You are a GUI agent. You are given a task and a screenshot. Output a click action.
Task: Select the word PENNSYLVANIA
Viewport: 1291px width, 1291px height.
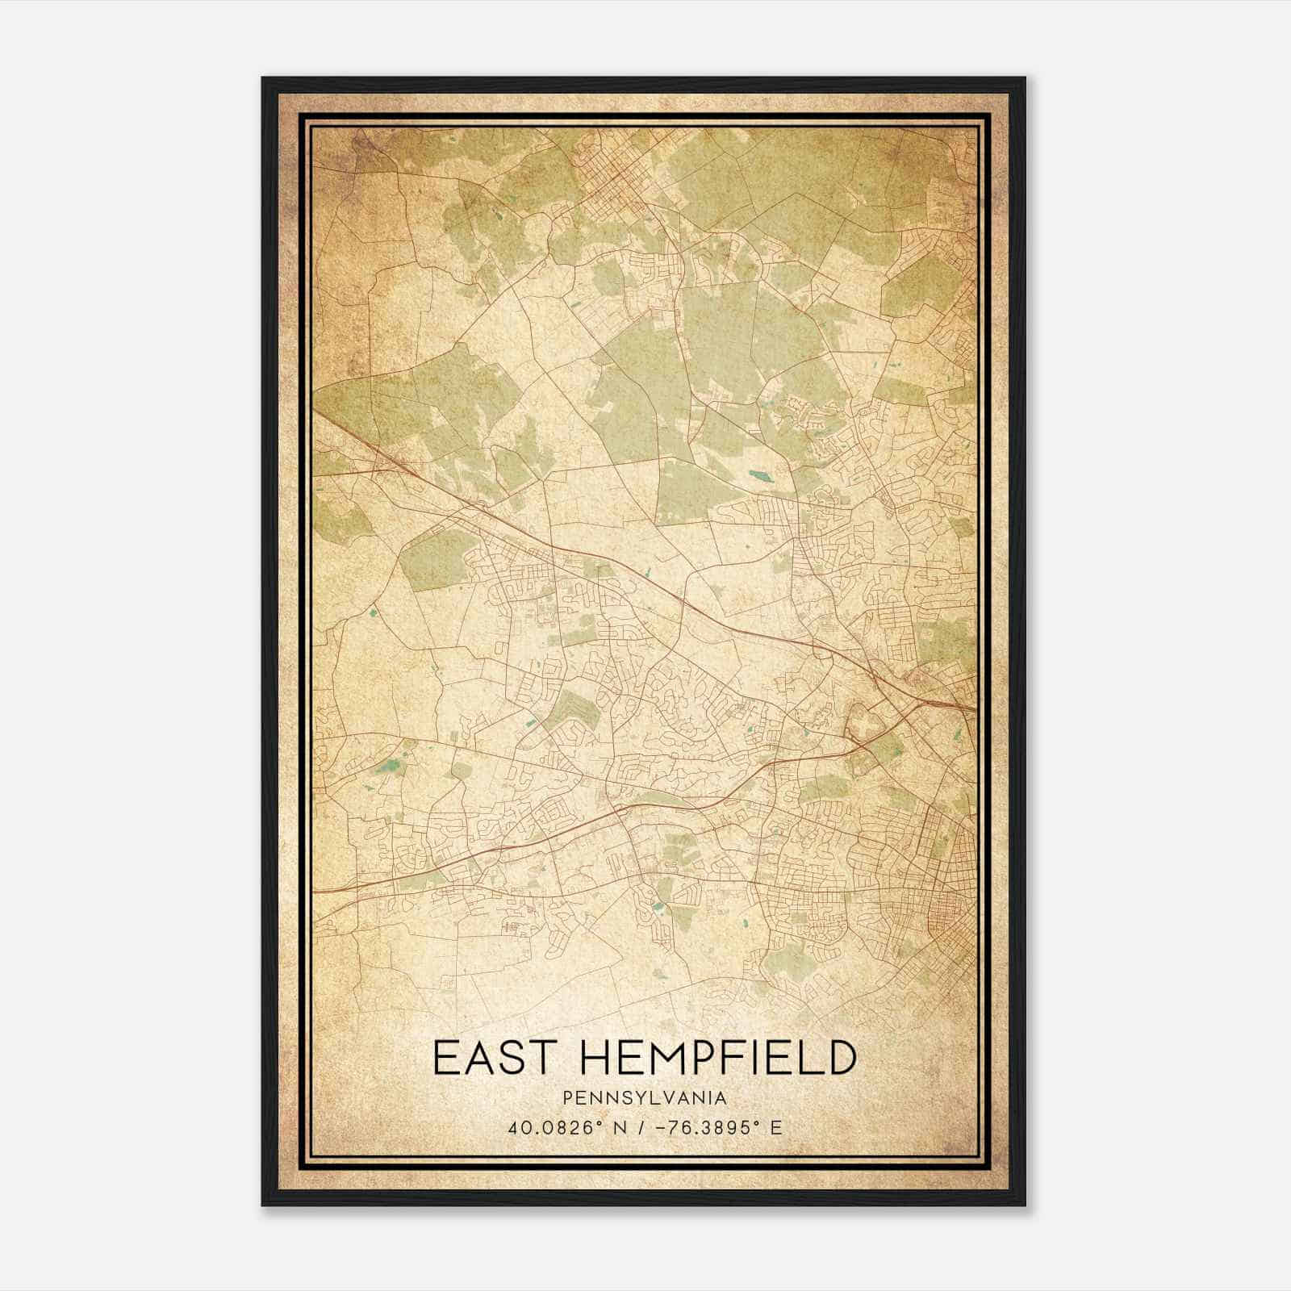(x=645, y=1098)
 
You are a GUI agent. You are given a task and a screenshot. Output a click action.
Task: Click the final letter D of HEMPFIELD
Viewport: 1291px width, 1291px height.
(x=840, y=1058)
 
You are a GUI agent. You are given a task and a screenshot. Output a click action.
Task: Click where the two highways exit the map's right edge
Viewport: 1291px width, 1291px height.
(x=972, y=708)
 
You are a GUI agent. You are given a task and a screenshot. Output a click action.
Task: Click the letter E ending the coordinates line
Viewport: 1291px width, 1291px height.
(x=776, y=1128)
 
